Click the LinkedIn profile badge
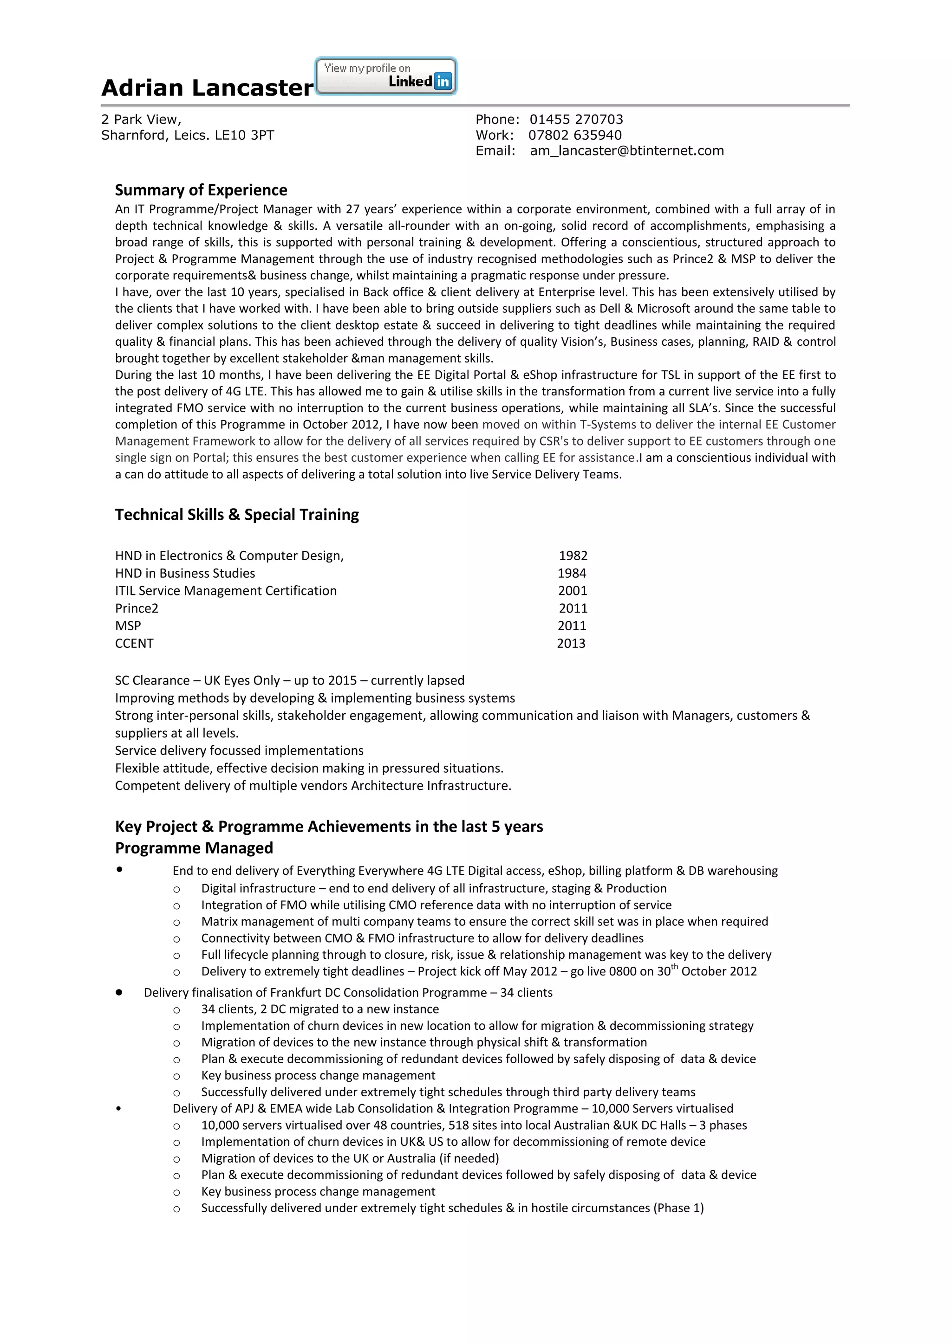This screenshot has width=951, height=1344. pos(385,76)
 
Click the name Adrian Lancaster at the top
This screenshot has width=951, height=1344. pos(207,88)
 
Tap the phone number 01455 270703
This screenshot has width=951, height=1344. pos(576,119)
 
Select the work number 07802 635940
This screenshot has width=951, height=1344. pos(574,135)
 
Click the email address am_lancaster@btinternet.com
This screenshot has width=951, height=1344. pos(626,151)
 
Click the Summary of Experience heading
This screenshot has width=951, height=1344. pos(201,190)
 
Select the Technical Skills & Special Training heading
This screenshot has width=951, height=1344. pos(236,515)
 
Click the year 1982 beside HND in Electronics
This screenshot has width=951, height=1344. pos(573,556)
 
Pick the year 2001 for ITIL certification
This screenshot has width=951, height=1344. pos(572,591)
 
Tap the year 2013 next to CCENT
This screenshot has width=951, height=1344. pos(571,643)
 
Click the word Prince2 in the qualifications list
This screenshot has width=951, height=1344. pos(137,608)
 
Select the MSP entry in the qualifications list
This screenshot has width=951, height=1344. pos(128,626)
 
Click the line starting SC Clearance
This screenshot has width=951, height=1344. pos(289,680)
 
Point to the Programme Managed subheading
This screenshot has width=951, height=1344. pos(194,848)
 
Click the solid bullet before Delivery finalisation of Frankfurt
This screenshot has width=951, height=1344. pos(119,992)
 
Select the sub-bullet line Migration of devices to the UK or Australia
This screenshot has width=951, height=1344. pos(350,1158)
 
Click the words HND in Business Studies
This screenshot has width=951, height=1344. pos(185,573)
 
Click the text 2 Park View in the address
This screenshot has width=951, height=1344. pos(141,119)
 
